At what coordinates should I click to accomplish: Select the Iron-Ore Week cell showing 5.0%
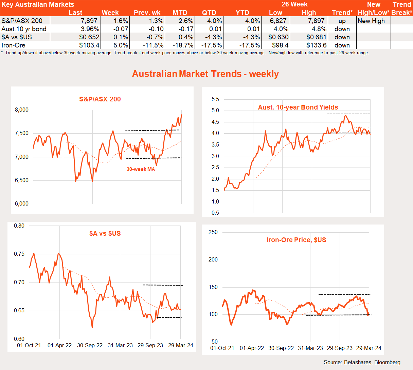pos(121,45)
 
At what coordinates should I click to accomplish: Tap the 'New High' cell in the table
pos(371,21)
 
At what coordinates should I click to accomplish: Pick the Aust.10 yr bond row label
pos(24,29)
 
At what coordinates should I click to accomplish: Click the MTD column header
pos(180,13)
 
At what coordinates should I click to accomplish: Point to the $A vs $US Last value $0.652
pos(89,37)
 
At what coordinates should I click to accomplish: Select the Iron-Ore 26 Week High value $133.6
pos(316,45)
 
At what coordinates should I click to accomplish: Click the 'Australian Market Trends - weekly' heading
pos(205,74)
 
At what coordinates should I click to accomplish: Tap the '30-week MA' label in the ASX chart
pos(141,169)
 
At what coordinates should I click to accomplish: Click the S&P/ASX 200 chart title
pos(100,99)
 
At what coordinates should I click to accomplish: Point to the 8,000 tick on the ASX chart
pos(22,110)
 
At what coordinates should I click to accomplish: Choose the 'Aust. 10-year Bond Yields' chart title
pos(298,107)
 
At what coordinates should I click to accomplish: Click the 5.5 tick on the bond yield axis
pos(215,99)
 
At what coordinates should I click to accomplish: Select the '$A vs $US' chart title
pos(105,233)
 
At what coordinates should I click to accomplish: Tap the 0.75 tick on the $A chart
pos(19,254)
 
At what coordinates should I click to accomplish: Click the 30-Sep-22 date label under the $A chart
pos(90,345)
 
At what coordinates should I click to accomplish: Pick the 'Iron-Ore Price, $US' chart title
pos(296,240)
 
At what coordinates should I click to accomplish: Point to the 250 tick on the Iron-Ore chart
pos(213,232)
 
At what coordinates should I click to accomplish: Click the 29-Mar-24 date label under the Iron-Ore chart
pos(369,348)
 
